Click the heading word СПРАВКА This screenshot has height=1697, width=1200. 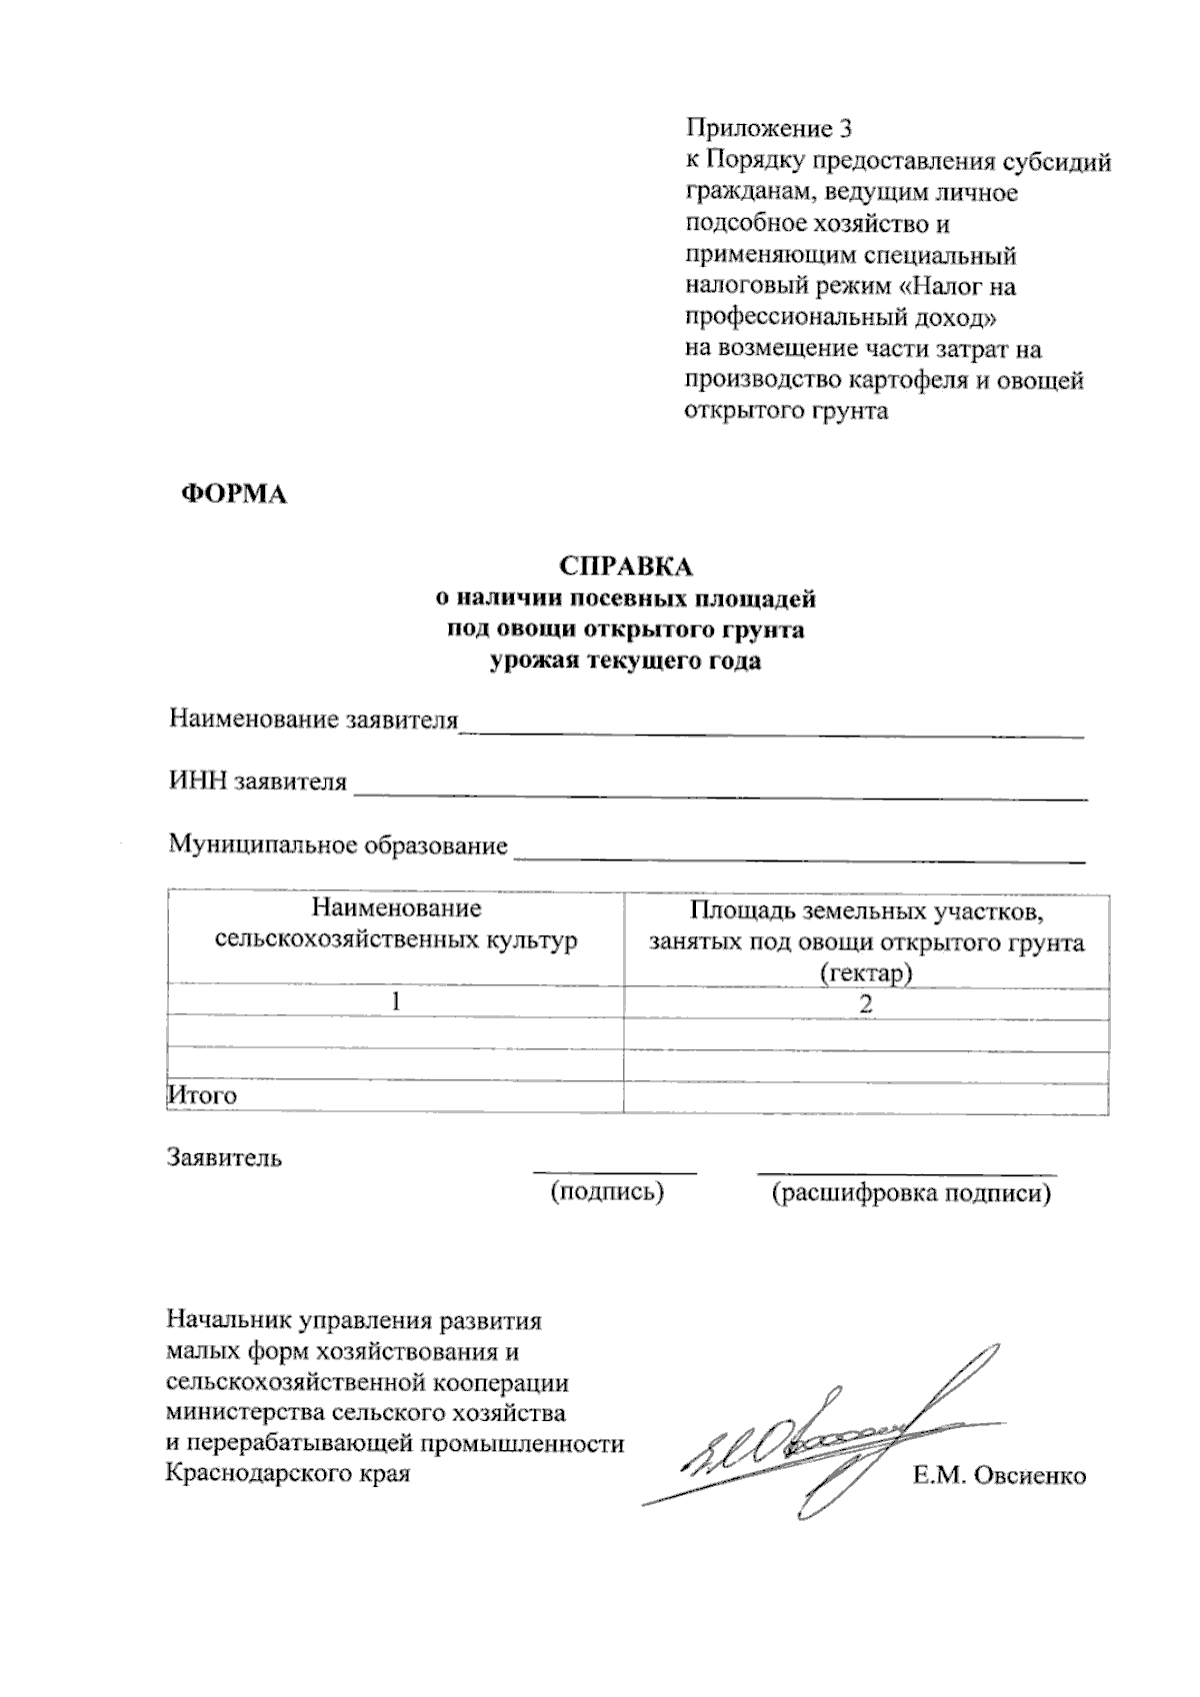click(x=625, y=566)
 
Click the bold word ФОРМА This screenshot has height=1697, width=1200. click(x=232, y=495)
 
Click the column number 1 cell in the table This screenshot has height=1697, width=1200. click(x=396, y=1001)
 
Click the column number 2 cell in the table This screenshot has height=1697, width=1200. click(x=866, y=1003)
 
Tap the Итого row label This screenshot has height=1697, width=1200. click(x=202, y=1095)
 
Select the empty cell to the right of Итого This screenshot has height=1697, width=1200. click(x=866, y=1096)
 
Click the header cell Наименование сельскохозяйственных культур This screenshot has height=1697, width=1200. click(x=396, y=924)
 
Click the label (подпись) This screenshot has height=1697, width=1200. click(x=608, y=1191)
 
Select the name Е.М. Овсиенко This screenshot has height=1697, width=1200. click(x=999, y=1475)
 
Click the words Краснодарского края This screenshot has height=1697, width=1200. click(x=288, y=1473)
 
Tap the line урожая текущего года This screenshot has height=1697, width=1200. click(x=625, y=661)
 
